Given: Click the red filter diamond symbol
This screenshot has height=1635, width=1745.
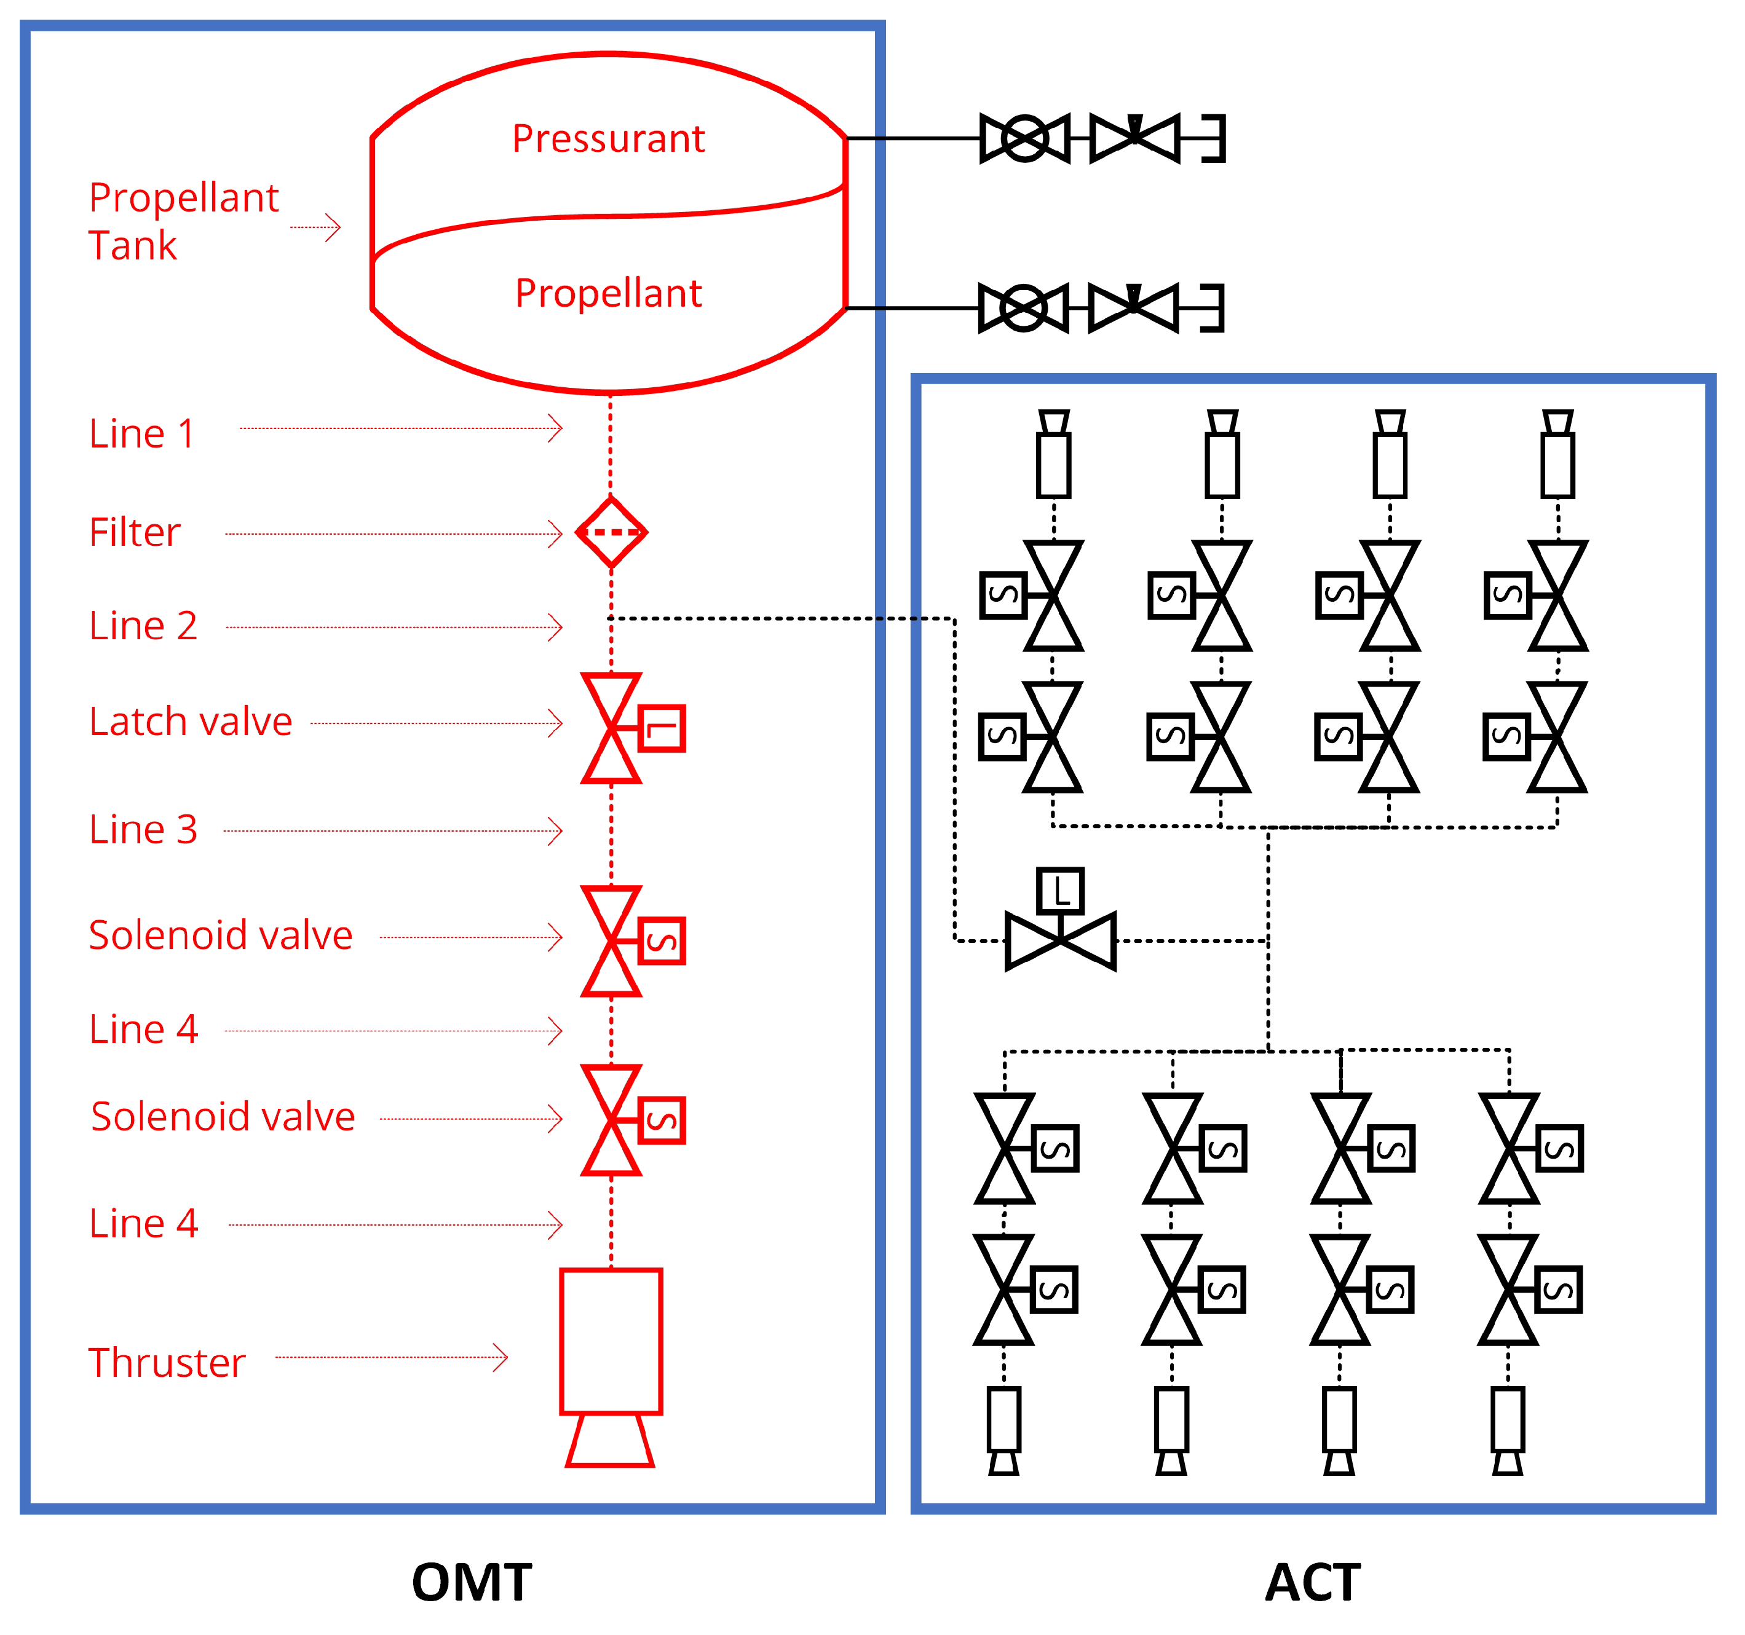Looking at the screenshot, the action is coord(611,533).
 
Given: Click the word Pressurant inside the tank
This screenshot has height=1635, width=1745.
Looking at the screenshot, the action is coord(608,139).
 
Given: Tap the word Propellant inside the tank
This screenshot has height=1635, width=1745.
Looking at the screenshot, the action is coord(608,293).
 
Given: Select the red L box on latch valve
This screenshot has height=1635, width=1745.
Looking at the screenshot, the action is coord(662,728).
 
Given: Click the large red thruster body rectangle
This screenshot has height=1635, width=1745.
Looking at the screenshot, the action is coord(611,1341).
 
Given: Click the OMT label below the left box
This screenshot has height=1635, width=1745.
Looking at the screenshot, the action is coord(472,1582).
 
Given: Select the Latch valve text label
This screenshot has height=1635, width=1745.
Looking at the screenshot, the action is coord(191,722).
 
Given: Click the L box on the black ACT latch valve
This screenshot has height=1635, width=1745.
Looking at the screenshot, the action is coord(1060,892).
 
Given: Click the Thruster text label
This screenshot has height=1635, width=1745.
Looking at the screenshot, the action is coord(167,1363).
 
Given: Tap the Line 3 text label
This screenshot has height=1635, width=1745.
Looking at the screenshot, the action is coord(143,829).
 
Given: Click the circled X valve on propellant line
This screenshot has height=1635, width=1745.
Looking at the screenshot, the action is coord(1024,308).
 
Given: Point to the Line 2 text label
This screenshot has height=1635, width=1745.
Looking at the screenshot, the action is coord(143,626).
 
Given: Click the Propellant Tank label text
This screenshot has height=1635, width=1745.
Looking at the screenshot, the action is coord(183,221).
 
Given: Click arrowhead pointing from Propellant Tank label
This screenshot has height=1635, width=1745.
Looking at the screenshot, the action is coord(333,227).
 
